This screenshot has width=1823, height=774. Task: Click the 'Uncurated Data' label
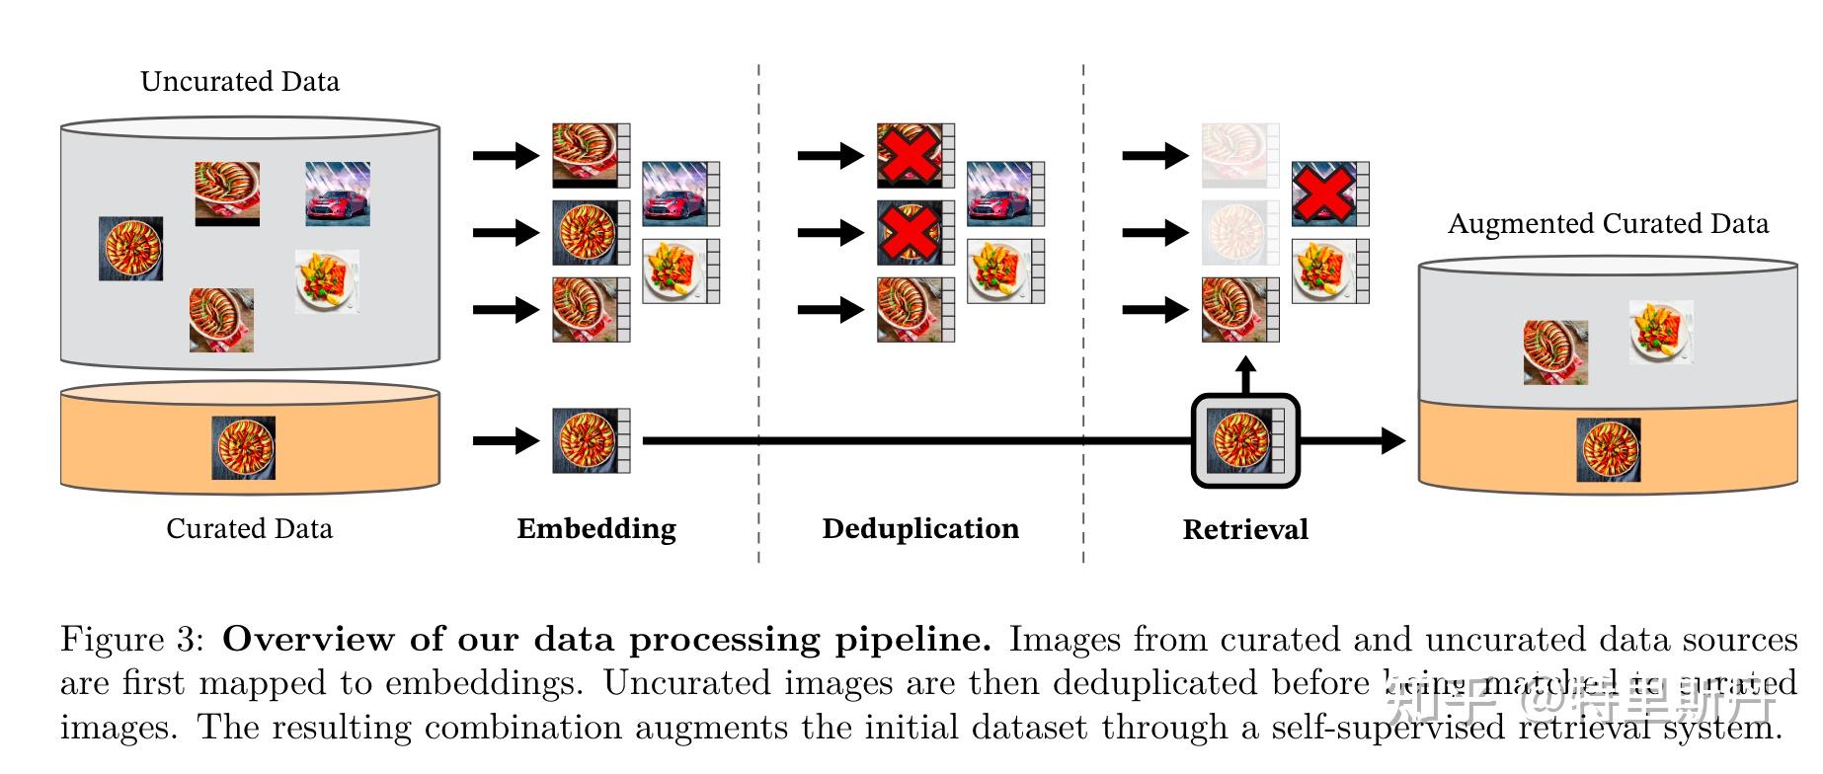240,81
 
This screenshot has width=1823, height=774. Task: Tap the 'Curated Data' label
249,528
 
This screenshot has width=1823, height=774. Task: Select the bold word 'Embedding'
596,528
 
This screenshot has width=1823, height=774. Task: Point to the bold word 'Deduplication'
920,528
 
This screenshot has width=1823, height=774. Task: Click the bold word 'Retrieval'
1245,529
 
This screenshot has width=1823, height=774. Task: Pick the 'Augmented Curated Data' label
1608,223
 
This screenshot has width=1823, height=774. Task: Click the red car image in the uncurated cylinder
338,193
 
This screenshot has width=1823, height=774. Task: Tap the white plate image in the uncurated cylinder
327,281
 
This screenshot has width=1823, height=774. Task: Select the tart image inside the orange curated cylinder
244,447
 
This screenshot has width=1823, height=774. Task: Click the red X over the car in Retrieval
1323,193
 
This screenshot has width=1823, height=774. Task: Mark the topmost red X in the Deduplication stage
910,155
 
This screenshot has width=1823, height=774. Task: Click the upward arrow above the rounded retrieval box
1246,375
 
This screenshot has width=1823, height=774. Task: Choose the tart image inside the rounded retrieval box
1240,440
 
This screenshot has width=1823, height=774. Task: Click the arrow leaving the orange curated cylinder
506,440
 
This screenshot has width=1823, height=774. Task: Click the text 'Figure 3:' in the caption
132,640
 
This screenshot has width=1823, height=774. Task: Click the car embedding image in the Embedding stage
675,193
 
